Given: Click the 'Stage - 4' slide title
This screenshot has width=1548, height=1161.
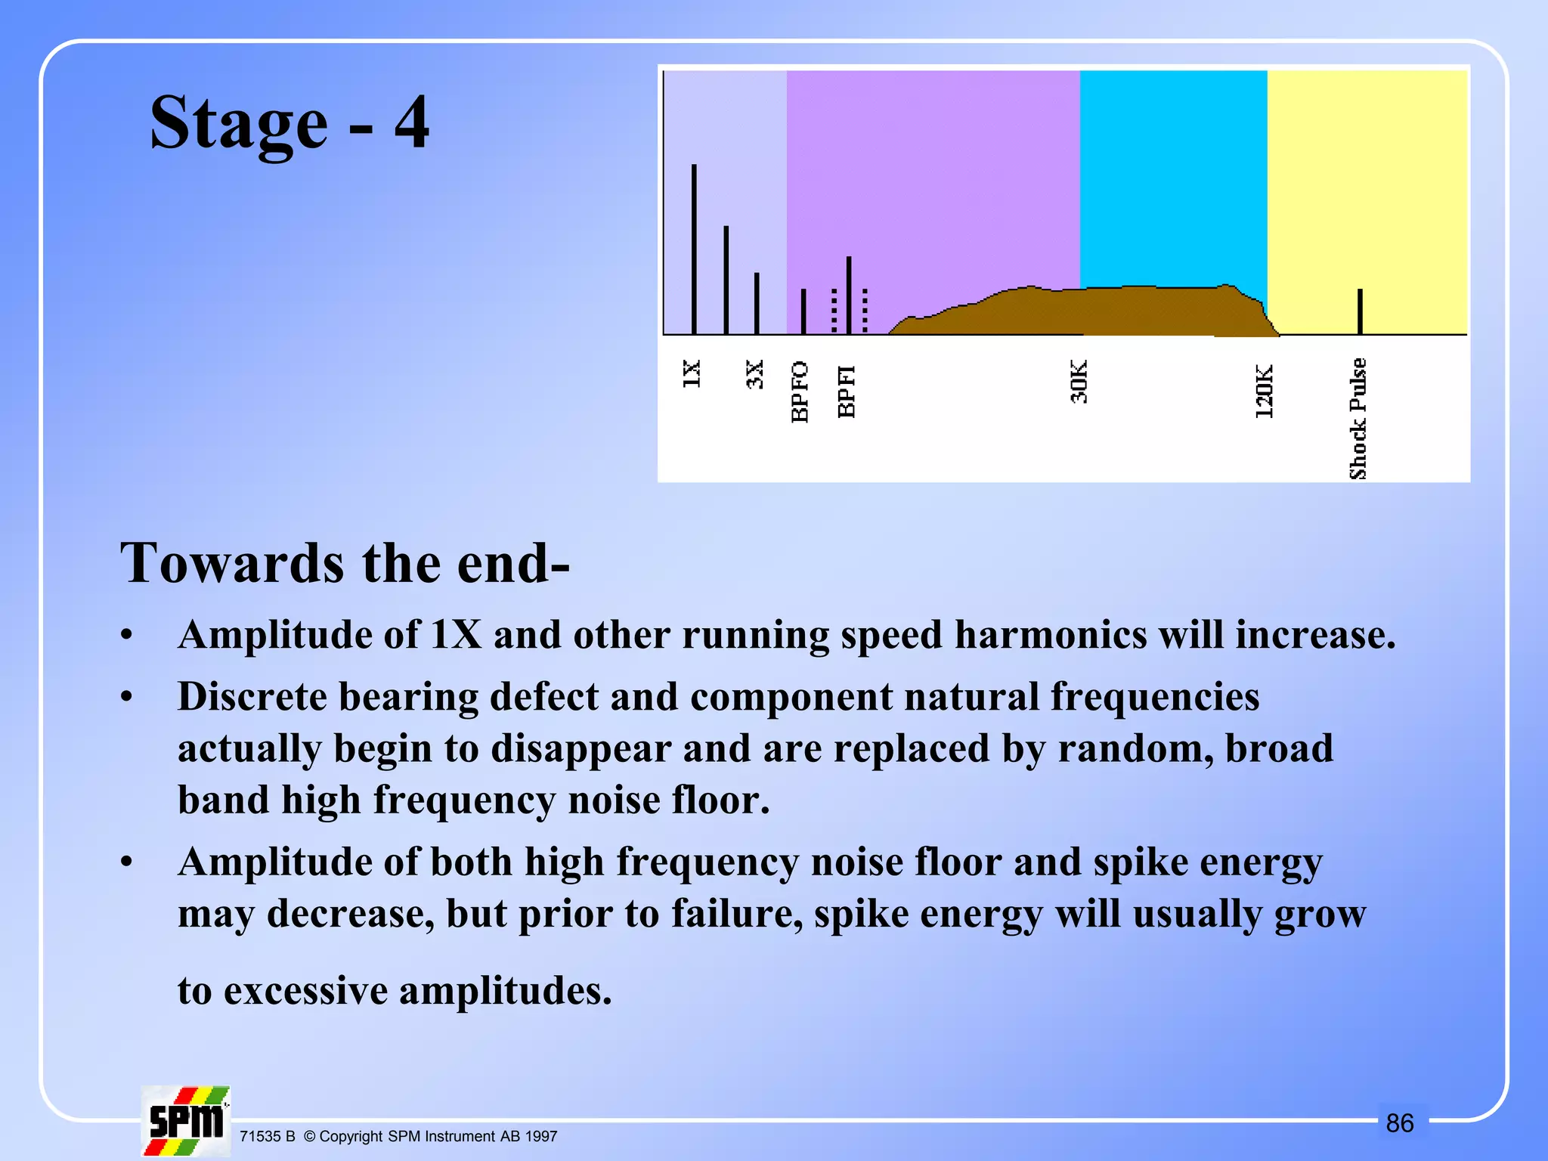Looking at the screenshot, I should pos(289,122).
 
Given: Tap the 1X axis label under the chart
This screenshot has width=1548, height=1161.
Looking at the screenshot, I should pos(692,373).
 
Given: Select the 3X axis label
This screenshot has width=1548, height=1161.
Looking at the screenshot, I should pos(755,374).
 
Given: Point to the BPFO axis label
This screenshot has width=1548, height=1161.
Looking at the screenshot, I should pos(800,392).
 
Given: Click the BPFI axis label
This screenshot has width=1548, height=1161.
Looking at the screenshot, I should pos(847,391).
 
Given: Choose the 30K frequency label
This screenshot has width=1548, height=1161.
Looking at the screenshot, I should pos(1079,382).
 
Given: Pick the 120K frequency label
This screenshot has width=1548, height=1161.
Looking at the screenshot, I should pos(1264,392).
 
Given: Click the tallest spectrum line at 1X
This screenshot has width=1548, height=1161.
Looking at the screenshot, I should pos(694,249).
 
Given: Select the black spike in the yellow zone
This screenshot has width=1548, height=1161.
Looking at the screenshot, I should pos(1360,311).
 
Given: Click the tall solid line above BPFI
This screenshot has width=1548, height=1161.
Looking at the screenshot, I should pos(849,295).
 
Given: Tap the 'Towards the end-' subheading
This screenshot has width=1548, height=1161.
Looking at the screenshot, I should pos(345,564).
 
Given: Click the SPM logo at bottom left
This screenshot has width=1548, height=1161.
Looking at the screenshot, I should pos(186,1121).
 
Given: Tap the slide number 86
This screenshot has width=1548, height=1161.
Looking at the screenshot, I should pos(1400,1123).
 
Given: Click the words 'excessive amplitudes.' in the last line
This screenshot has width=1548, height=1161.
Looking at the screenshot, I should pos(418,991).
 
